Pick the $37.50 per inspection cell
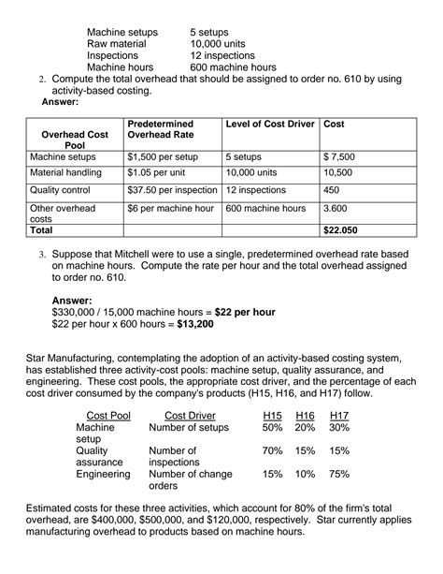click(172, 190)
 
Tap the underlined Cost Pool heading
click(108, 415)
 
